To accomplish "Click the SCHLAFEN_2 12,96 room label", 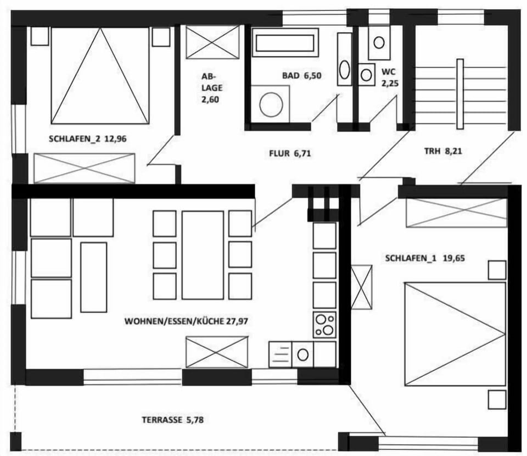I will (x=88, y=139).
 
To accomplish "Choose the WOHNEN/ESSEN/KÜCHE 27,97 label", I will (x=187, y=321).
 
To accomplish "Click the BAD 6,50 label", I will (x=301, y=76).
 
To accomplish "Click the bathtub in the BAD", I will (x=285, y=42).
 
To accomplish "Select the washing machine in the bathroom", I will (x=271, y=104).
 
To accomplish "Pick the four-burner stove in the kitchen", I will (x=324, y=325).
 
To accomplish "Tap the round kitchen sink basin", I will (x=302, y=354).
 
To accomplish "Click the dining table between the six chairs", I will (x=203, y=254).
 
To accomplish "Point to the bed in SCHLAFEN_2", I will (x=100, y=75).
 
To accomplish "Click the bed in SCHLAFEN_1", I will (x=455, y=334).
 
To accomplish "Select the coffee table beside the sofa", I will (x=93, y=277).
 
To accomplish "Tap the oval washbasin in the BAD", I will (x=344, y=70).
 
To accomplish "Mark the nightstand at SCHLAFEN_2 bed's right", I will (x=161, y=37).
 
